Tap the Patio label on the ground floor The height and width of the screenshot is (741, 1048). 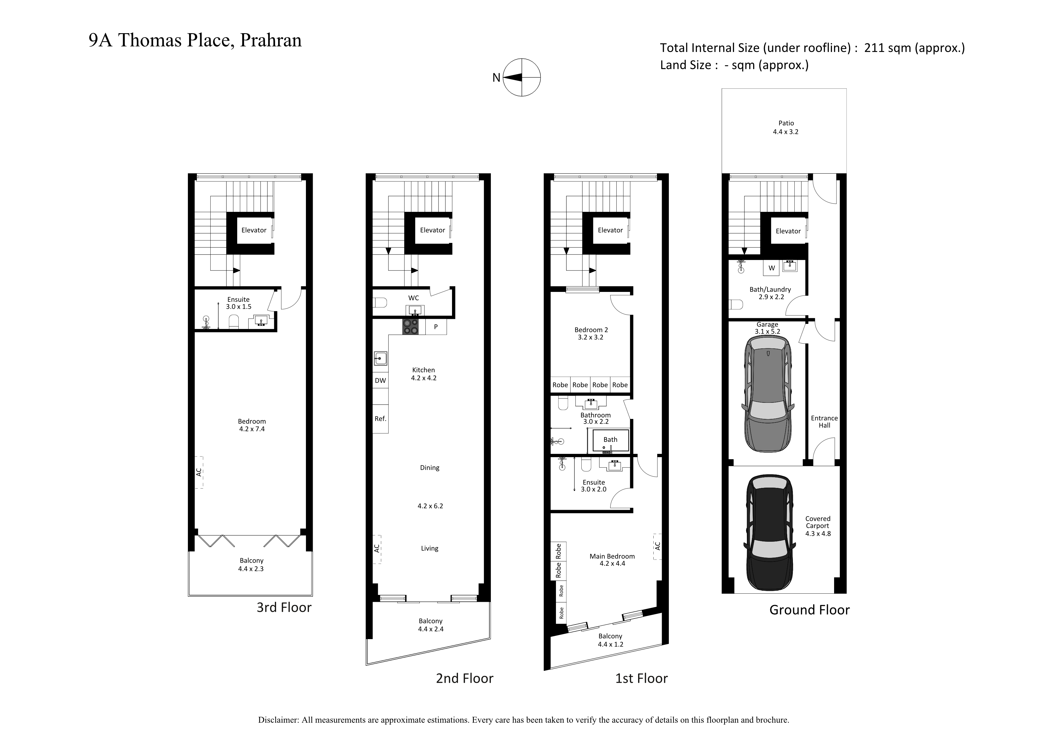pos(786,123)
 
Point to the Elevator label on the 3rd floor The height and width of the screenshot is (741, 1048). pos(254,230)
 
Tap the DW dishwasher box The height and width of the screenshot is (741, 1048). pos(380,380)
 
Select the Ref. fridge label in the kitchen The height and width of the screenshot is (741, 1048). pos(380,419)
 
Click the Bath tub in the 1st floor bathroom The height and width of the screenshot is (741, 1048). pos(611,441)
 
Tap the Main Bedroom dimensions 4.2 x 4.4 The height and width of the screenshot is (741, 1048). pos(612,564)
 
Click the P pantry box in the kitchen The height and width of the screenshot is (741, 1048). pos(436,327)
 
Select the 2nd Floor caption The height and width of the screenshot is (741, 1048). pos(465,679)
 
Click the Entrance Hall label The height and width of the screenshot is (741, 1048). pos(824,421)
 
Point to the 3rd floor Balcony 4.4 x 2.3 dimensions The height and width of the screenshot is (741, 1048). pos(251,569)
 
